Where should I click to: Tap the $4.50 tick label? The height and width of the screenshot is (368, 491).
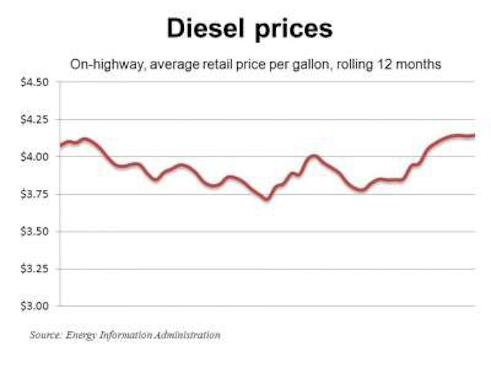[35, 82]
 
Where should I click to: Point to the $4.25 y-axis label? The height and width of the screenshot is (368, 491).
[35, 120]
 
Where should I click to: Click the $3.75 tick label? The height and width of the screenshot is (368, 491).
[35, 194]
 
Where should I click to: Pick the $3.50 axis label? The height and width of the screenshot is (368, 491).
[35, 232]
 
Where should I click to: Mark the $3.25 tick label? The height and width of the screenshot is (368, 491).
[35, 269]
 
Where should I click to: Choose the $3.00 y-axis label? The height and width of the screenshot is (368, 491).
[35, 306]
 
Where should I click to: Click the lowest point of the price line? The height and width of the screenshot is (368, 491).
[267, 199]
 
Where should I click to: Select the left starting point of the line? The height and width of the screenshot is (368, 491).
[61, 145]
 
